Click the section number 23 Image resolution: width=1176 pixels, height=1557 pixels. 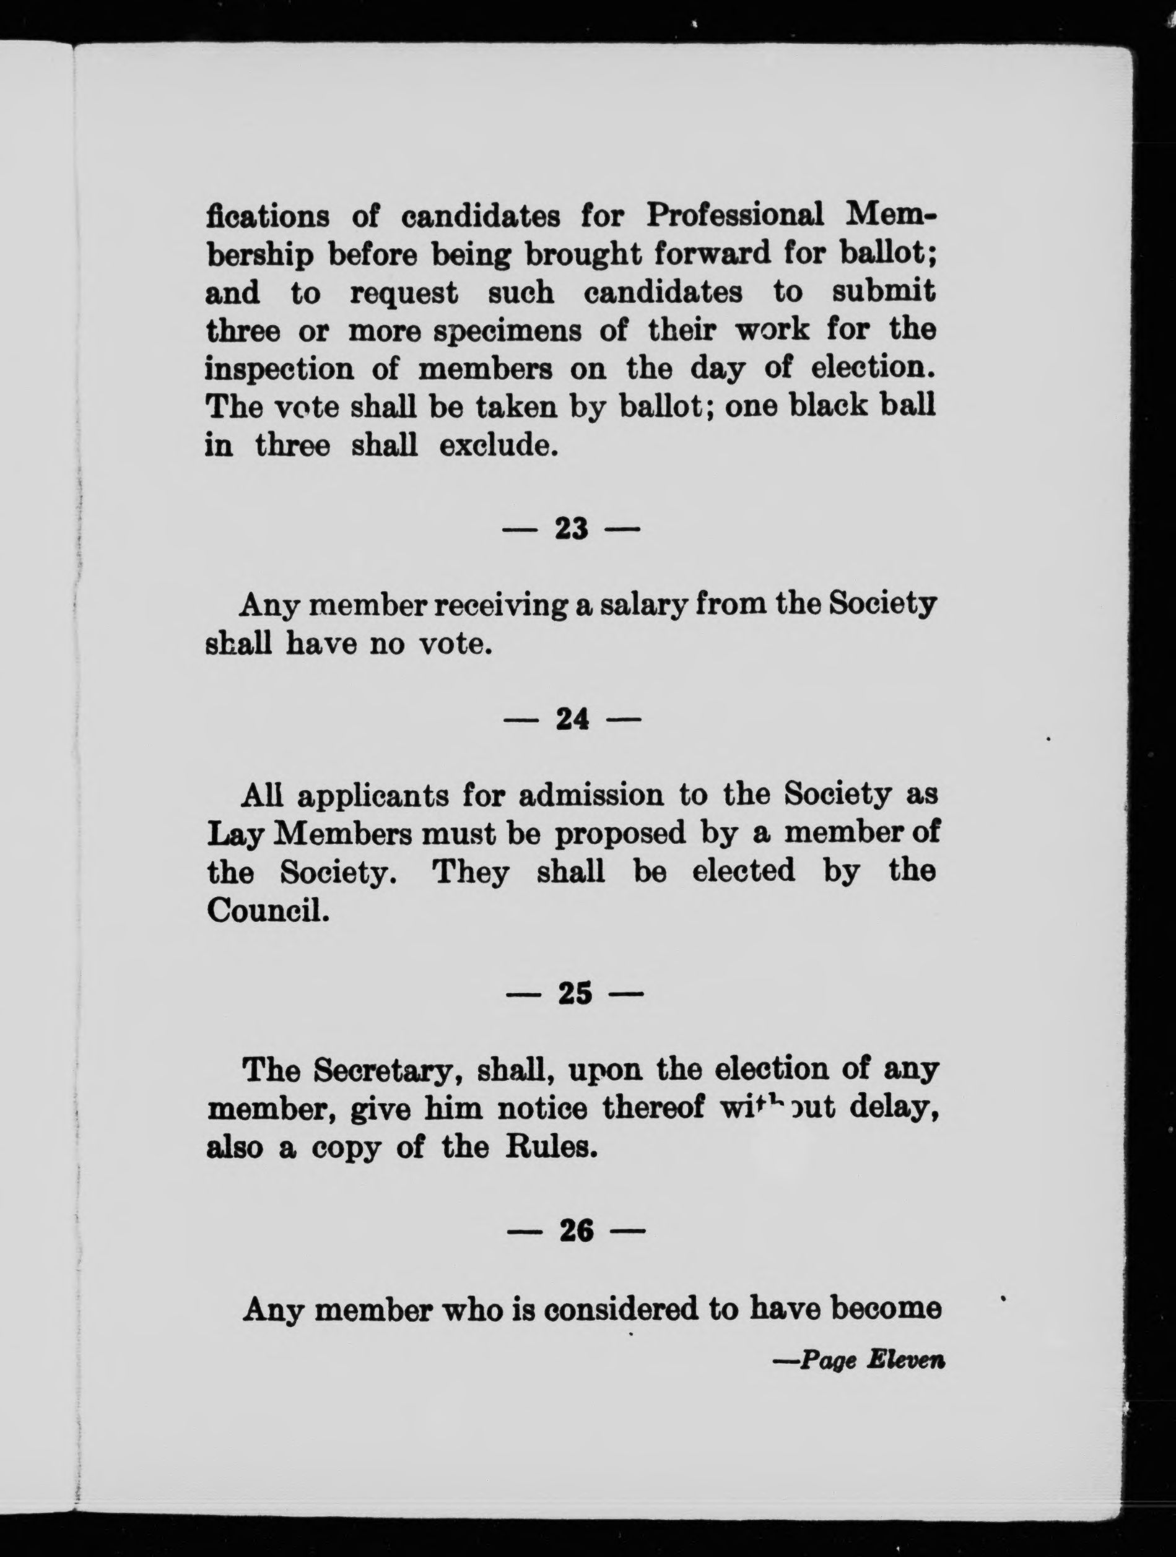coord(571,528)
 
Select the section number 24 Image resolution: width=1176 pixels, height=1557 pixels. coord(572,719)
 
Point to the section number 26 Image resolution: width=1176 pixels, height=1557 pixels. coord(575,1231)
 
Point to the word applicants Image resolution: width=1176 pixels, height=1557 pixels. coord(373,796)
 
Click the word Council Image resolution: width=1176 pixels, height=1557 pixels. coord(268,911)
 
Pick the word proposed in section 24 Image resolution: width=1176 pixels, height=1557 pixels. coord(620,834)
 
